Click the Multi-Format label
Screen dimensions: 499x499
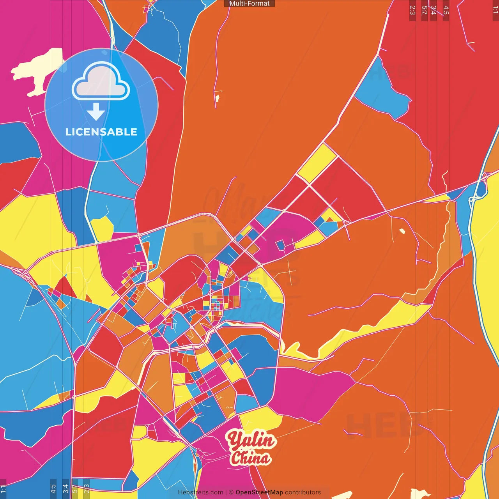coord(249,4)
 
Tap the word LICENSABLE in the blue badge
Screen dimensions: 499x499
coord(101,132)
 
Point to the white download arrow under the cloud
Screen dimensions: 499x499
coord(96,111)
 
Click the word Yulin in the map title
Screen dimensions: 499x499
coord(251,441)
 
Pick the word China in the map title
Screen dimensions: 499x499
coord(250,458)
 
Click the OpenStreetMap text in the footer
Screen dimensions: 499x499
coord(259,492)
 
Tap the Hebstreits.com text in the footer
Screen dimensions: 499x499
coord(200,492)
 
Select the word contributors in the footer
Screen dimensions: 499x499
coord(303,492)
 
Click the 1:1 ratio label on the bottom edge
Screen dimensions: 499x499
coord(3,489)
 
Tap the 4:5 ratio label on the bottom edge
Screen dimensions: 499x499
coord(53,489)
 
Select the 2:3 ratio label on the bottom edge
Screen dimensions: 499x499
coord(87,489)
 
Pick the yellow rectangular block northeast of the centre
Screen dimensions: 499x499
coord(317,163)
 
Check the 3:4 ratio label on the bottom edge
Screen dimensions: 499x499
coord(65,489)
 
